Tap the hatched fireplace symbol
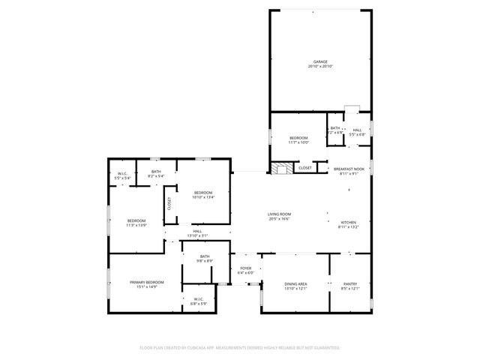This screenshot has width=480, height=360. pos(281,169)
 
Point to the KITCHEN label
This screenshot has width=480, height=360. pos(349,224)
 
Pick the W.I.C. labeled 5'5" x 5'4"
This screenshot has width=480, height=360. pos(122,175)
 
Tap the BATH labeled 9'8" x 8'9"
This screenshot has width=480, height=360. pos(204,258)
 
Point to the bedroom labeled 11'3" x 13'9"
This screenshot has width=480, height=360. pos(136,222)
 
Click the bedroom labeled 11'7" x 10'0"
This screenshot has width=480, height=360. pos(298,140)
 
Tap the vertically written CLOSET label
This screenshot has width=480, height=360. pos(169,203)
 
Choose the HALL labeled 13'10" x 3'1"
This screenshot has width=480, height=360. pos(196,234)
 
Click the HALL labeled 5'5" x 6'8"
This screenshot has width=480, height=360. pos(357,132)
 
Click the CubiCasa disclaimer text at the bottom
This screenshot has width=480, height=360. pos(240,348)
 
